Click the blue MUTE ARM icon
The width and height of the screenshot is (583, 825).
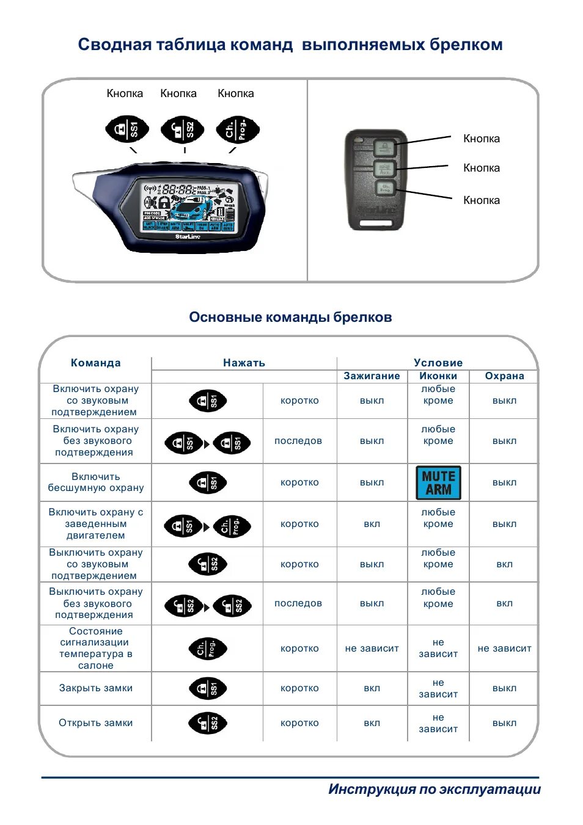[x=438, y=482]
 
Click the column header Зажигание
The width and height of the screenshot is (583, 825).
[x=372, y=376]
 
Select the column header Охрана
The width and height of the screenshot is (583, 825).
[x=504, y=376]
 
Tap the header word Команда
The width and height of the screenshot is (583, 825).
[x=96, y=363]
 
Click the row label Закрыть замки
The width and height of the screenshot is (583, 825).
[x=96, y=688]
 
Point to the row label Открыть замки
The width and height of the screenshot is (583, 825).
[x=96, y=723]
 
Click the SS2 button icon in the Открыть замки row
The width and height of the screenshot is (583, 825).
[x=208, y=724]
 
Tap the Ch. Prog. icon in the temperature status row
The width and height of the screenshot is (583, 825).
[x=208, y=649]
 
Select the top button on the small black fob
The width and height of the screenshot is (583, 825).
[x=384, y=147]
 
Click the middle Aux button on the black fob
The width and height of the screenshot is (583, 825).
[x=384, y=169]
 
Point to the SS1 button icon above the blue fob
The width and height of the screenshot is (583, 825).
[x=127, y=129]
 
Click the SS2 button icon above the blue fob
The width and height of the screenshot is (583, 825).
[x=182, y=129]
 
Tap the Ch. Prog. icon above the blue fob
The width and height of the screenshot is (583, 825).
[x=237, y=129]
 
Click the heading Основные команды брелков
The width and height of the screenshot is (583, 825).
[x=290, y=318]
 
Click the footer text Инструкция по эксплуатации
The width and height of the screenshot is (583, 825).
[x=435, y=789]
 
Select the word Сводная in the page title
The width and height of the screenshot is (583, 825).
[x=114, y=45]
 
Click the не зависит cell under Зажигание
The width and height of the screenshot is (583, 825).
[x=372, y=649]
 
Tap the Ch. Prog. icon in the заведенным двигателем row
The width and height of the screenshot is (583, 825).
[x=232, y=526]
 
